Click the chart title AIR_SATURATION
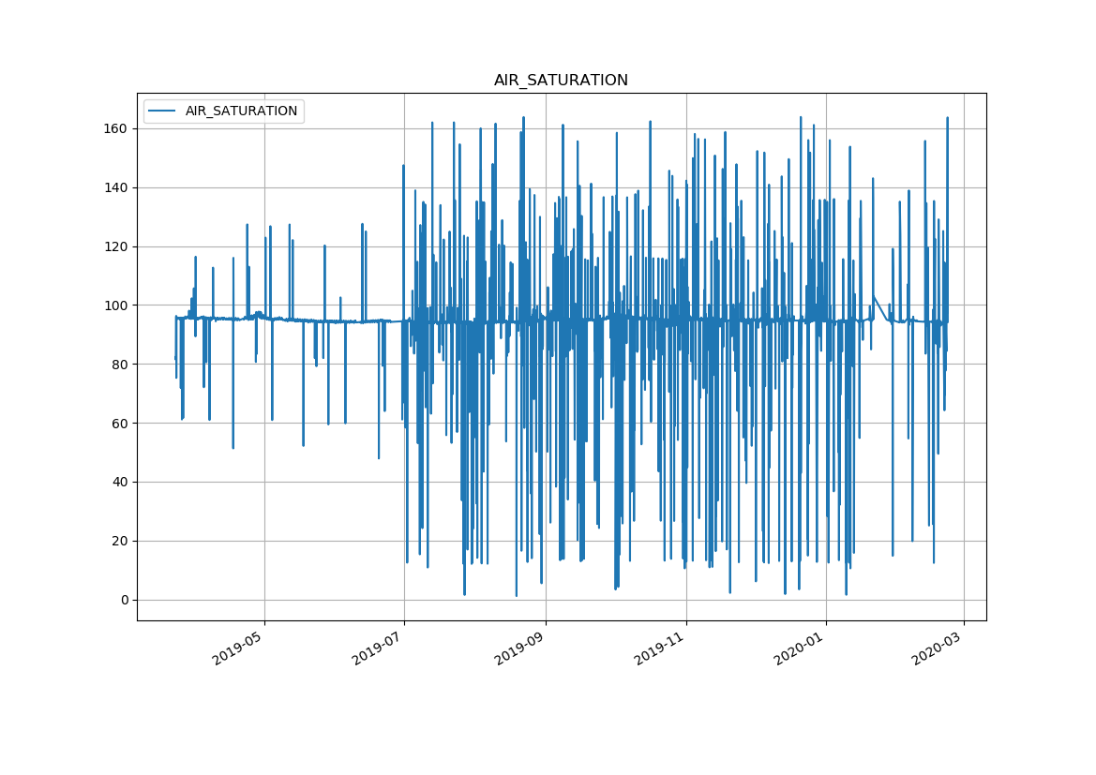coord(561,81)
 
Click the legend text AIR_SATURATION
coord(241,111)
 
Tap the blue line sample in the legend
coord(163,111)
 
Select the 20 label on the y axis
coord(120,541)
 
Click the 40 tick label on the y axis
coord(120,482)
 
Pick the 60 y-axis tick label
coord(120,423)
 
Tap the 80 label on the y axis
coord(120,364)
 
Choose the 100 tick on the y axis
coord(116,306)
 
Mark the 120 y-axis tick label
coord(116,246)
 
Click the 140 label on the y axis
coord(116,187)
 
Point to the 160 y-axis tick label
coord(116,128)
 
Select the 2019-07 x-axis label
coord(379,648)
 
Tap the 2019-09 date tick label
coord(520,648)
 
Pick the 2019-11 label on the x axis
coord(660,648)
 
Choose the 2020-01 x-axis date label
coord(801,648)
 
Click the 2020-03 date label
coord(938,648)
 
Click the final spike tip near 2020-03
coord(947,118)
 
